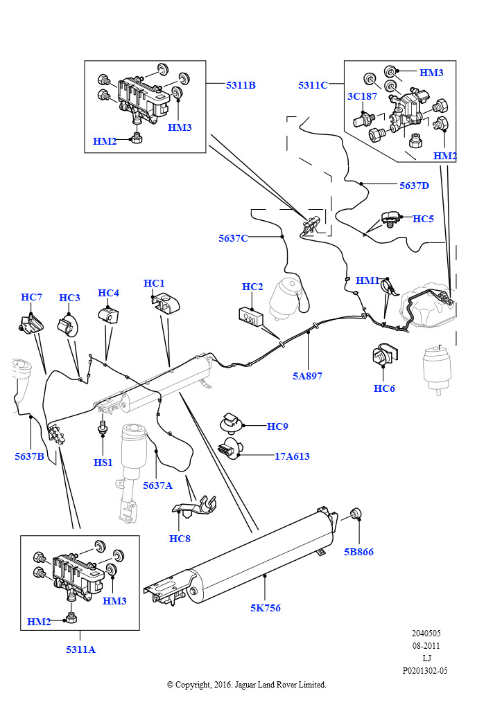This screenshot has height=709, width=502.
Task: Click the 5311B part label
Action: (241, 85)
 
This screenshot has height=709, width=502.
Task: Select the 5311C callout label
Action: (313, 85)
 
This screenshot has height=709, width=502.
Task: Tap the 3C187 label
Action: (362, 96)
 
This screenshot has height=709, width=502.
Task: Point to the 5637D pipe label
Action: (414, 186)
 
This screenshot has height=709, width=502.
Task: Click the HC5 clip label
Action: (423, 219)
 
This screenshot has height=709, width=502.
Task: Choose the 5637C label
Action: (233, 238)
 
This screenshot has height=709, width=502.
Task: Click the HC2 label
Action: (252, 287)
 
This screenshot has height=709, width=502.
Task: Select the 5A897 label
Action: (307, 376)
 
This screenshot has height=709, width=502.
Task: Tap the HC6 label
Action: (384, 388)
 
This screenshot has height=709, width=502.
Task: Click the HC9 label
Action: (277, 427)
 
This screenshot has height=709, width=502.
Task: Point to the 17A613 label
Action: (293, 456)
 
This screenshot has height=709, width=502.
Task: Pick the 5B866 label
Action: (359, 552)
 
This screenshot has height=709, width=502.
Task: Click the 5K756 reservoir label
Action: (266, 608)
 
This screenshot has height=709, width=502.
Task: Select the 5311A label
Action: (80, 649)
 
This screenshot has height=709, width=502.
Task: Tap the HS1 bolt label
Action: (103, 463)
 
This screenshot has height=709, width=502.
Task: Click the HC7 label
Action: (31, 297)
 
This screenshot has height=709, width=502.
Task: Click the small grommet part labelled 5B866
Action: (356, 513)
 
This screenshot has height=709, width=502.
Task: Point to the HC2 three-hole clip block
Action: (251, 316)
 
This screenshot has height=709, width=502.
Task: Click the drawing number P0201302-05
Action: (425, 670)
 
